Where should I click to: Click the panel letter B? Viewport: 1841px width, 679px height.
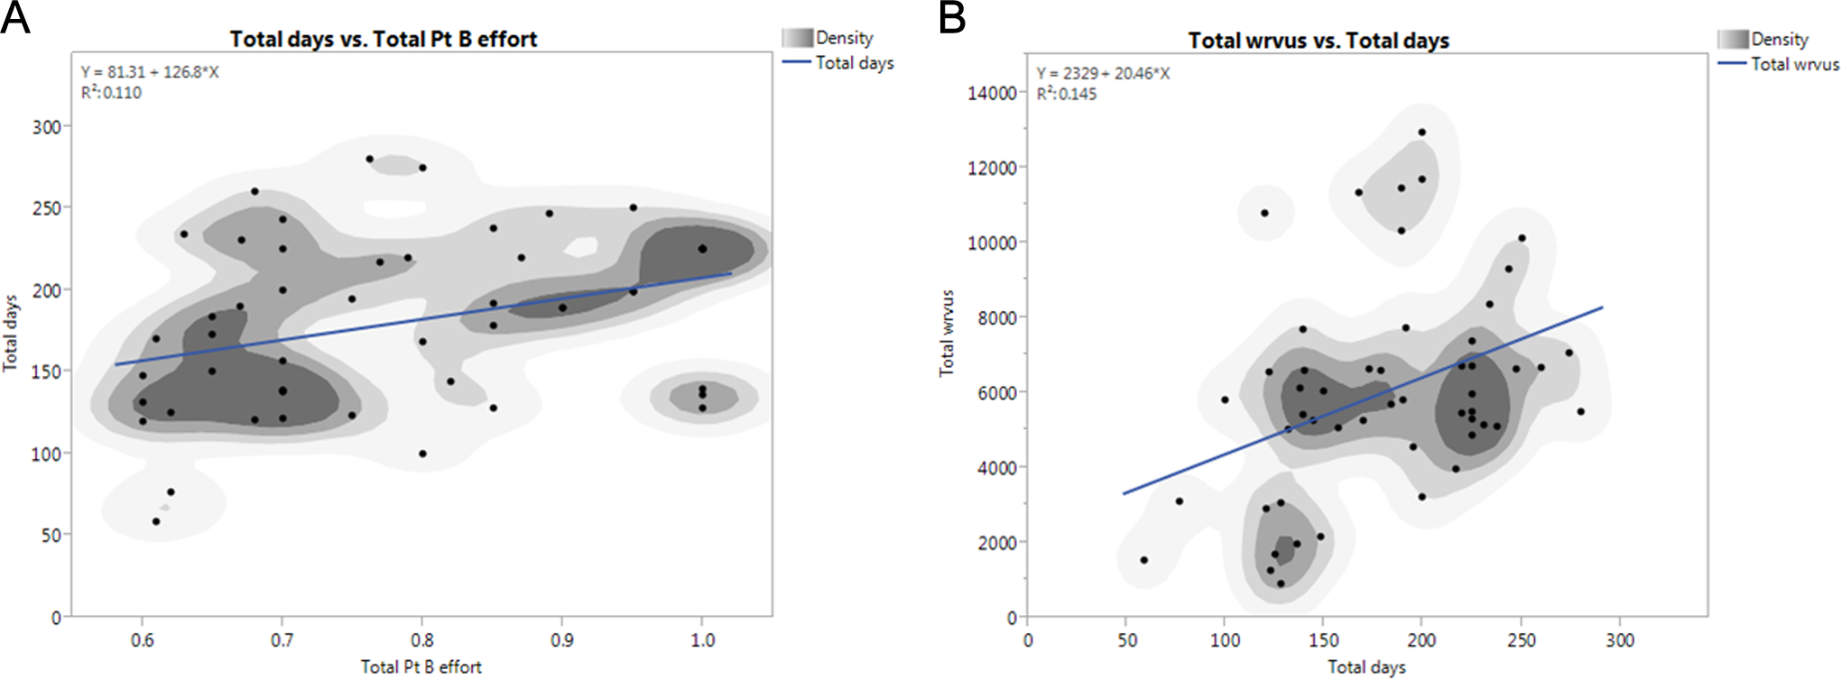952,17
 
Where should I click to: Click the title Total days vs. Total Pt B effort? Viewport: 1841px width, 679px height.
384,39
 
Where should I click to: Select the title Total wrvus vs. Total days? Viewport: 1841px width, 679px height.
1318,41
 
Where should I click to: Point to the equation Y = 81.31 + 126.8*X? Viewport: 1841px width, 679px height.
150,72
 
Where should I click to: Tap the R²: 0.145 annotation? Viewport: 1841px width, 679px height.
1067,94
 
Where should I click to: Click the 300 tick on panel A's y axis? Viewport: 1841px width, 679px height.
47,127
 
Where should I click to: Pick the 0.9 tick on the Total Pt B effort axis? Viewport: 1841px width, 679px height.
562,640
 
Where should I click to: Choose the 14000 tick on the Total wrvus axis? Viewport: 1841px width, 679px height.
992,93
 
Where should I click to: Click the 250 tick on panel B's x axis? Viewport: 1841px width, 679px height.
1522,640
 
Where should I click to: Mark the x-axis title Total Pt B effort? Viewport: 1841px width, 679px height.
421,667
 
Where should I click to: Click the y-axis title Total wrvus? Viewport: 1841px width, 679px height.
947,334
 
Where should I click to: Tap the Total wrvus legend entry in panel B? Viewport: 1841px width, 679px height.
1794,65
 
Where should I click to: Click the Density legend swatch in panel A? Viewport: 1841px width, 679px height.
798,38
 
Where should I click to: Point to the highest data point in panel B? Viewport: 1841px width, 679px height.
1422,133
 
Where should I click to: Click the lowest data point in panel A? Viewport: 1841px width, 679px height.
156,521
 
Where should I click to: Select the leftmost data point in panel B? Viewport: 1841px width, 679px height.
1144,560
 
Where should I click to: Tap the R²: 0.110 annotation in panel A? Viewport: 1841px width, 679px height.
111,93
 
